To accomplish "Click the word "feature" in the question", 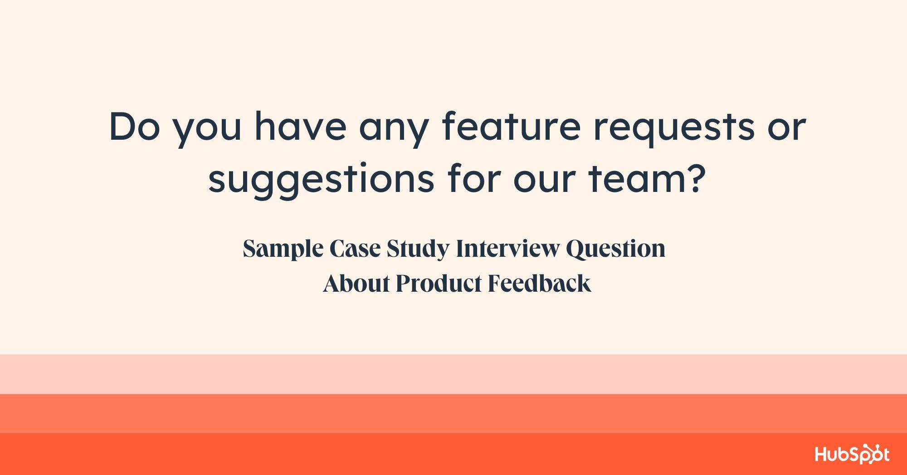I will [x=511, y=127].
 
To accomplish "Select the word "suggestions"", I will [x=321, y=179].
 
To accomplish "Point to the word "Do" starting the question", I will [x=135, y=127].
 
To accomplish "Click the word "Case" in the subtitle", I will [x=355, y=249].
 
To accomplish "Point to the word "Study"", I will [x=418, y=249].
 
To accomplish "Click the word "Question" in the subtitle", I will [x=615, y=249].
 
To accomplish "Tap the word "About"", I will [x=356, y=284].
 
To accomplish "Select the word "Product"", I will [x=439, y=284].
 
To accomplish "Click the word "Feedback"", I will [x=539, y=284].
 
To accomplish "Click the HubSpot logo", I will [x=852, y=454].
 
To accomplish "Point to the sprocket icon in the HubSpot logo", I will [x=867, y=453].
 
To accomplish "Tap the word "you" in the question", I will [x=207, y=129].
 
